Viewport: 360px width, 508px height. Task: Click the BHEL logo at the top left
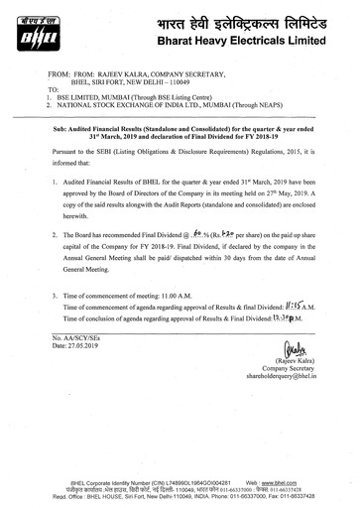(x=33, y=26)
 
